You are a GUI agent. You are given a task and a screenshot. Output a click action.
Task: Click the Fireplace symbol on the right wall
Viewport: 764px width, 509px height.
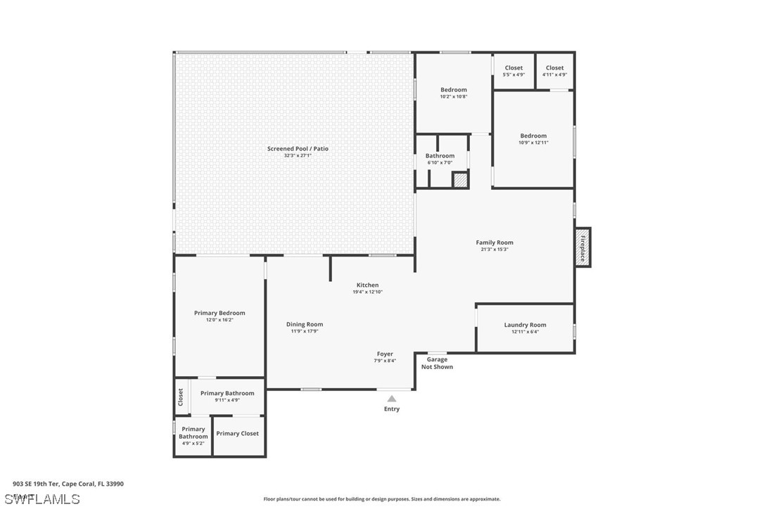click(582, 247)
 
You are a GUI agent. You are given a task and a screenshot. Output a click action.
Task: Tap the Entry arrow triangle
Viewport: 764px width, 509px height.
click(392, 399)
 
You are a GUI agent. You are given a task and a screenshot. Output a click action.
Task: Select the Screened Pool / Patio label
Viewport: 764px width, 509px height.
click(298, 148)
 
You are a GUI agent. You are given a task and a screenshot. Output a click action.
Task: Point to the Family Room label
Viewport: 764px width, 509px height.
click(495, 243)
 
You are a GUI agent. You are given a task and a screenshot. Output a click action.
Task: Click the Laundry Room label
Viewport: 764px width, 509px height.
click(525, 325)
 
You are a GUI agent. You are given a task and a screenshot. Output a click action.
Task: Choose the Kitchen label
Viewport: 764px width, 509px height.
click(367, 285)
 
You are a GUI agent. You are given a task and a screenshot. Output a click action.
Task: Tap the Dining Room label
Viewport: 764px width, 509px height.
click(305, 324)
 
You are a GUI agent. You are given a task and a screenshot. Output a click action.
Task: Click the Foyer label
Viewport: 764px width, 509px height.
click(385, 354)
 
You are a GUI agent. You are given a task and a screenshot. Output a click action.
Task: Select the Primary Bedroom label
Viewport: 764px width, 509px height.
click(219, 313)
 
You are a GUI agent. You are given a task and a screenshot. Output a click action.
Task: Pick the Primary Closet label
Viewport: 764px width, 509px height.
click(237, 434)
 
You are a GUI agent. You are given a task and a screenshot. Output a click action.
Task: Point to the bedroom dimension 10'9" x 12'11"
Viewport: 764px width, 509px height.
click(533, 143)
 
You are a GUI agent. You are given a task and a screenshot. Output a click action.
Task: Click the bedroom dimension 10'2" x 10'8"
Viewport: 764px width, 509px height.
click(454, 97)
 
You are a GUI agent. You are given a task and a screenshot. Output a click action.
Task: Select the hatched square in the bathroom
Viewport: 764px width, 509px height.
click(459, 180)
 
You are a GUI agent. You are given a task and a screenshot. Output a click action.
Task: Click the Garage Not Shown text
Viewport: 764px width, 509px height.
click(437, 363)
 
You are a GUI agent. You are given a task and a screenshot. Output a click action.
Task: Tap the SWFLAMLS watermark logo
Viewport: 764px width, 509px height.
click(42, 499)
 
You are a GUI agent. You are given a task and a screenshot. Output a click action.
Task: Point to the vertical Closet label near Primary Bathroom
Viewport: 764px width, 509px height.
click(181, 397)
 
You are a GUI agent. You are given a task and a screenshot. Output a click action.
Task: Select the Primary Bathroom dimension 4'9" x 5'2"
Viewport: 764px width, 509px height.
click(193, 444)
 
